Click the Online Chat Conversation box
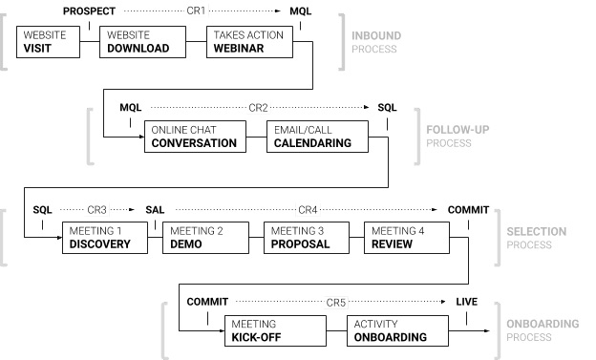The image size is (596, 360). pyautogui.click(x=194, y=137)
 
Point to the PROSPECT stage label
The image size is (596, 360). pyautogui.click(x=90, y=11)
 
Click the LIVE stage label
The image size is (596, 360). pyautogui.click(x=466, y=302)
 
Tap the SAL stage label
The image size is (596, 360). pyautogui.click(x=155, y=209)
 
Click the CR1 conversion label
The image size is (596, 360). pyautogui.click(x=196, y=11)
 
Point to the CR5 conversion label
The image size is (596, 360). pyautogui.click(x=335, y=302)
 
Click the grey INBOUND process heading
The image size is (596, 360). pyautogui.click(x=376, y=36)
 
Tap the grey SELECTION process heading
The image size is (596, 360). pyautogui.click(x=535, y=231)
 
